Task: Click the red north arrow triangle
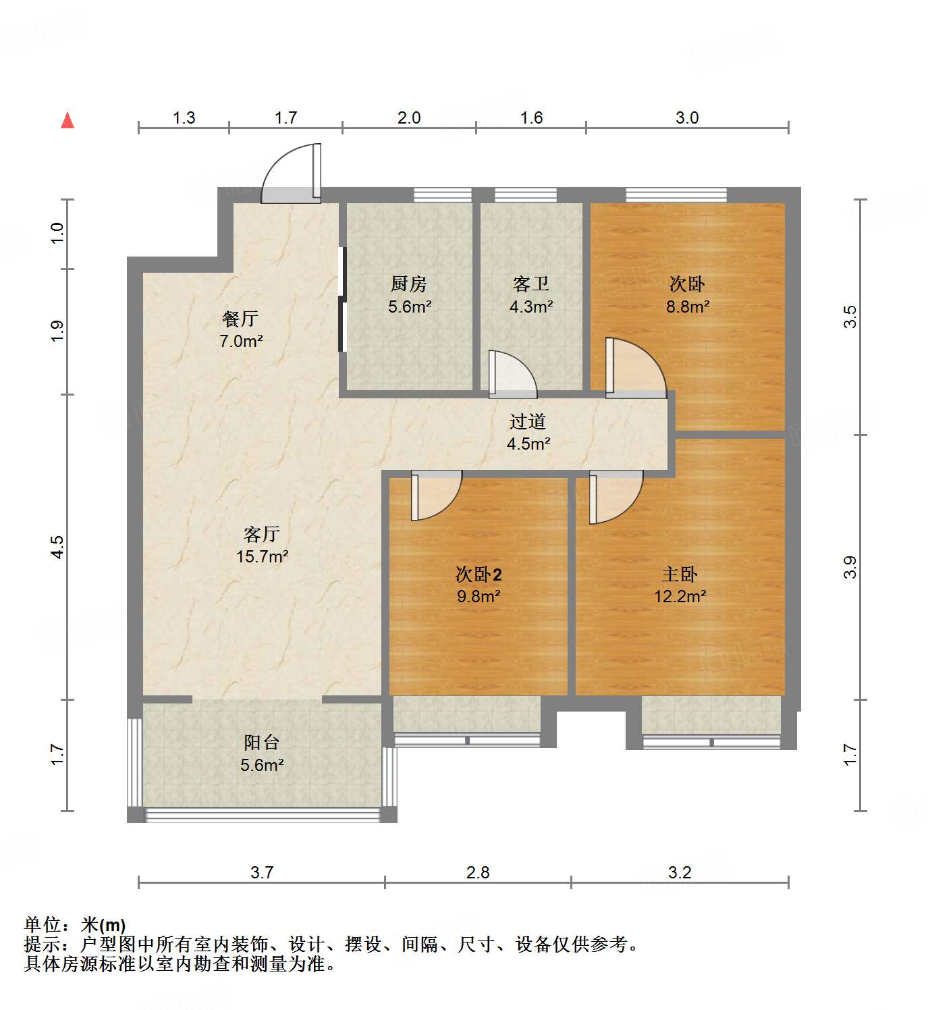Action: (67, 120)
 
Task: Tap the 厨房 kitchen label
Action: (409, 284)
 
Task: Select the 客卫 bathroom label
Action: (531, 284)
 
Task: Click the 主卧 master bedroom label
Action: (680, 575)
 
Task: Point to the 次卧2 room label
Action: (479, 575)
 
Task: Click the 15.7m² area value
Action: (263, 557)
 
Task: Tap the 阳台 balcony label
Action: (262, 743)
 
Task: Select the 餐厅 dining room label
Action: (240, 319)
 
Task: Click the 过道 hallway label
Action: (528, 422)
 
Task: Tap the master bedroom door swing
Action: (615, 497)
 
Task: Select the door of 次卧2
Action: (435, 496)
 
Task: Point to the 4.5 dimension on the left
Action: (58, 546)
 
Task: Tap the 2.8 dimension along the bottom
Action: (478, 872)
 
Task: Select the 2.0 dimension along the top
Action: (409, 118)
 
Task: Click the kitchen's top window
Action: (442, 195)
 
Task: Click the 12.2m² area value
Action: (680, 597)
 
